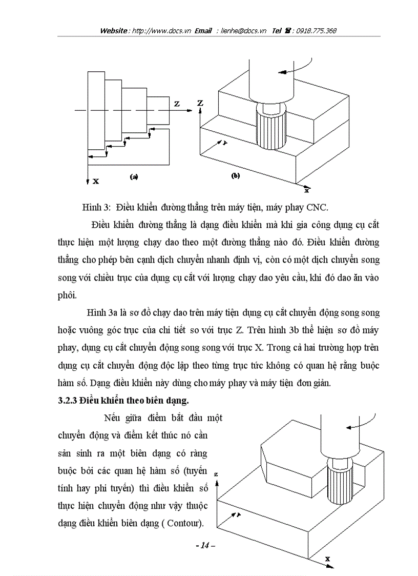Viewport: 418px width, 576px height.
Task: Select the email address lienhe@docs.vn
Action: tap(244, 31)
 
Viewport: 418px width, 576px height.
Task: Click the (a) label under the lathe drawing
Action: tap(134, 176)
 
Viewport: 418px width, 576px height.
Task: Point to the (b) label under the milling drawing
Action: tap(236, 176)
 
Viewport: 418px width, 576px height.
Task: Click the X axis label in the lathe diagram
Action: tap(96, 181)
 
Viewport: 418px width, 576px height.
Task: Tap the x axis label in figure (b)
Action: tap(306, 190)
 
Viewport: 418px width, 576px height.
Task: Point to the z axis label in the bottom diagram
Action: tap(217, 475)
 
